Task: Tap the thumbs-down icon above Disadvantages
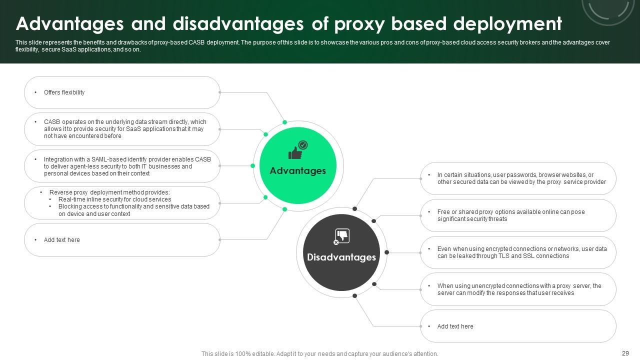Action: coord(341,236)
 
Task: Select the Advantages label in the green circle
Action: coord(297,170)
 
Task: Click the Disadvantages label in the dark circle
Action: coord(341,257)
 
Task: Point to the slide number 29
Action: coord(625,353)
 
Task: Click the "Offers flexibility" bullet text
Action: coord(64,92)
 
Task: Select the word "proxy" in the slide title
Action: coord(357,23)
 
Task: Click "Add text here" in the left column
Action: coord(61,240)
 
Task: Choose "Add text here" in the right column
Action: coord(455,326)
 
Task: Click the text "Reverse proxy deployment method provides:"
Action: coord(109,192)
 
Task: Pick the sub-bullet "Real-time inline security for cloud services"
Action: coord(114,199)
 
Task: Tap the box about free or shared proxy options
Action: coord(517,215)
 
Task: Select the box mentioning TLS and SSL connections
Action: coord(517,252)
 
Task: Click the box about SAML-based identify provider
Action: coord(122,166)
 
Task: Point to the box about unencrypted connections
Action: coord(517,289)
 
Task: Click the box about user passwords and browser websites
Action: coord(517,178)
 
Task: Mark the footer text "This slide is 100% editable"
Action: coord(319,354)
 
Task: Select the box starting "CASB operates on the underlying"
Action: coord(122,129)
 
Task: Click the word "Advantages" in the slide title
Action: coord(69,23)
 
